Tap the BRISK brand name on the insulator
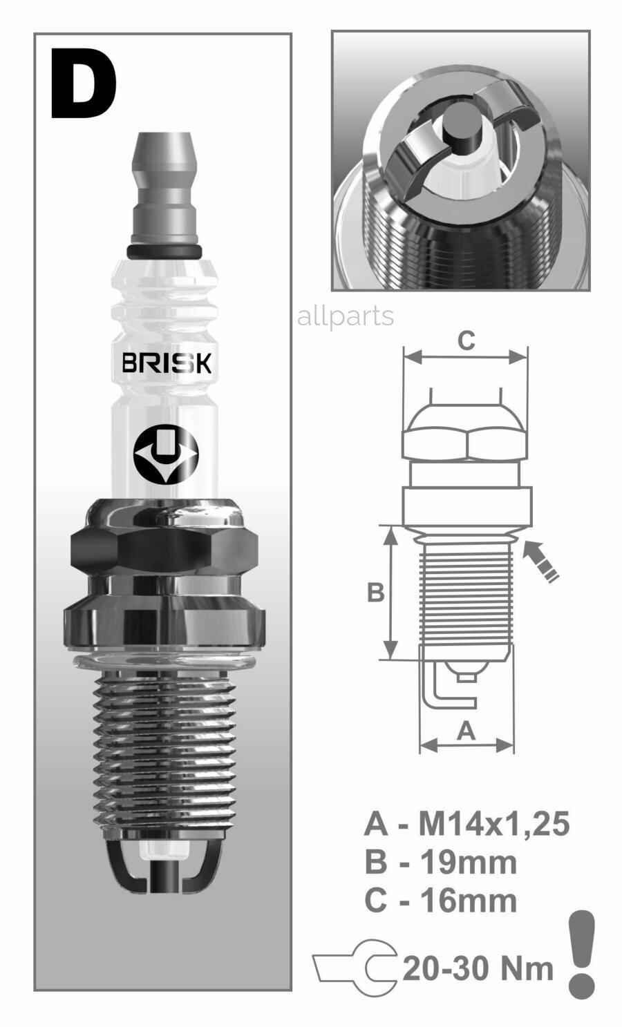(166, 363)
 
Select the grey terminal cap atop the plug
(164, 186)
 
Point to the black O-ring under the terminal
(164, 251)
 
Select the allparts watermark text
(345, 316)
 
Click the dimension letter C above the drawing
(466, 340)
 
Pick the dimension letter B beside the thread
(375, 593)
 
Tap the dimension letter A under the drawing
(466, 730)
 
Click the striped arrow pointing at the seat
(541, 561)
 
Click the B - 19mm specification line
(440, 862)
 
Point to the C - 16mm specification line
(440, 901)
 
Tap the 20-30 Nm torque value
(478, 968)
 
